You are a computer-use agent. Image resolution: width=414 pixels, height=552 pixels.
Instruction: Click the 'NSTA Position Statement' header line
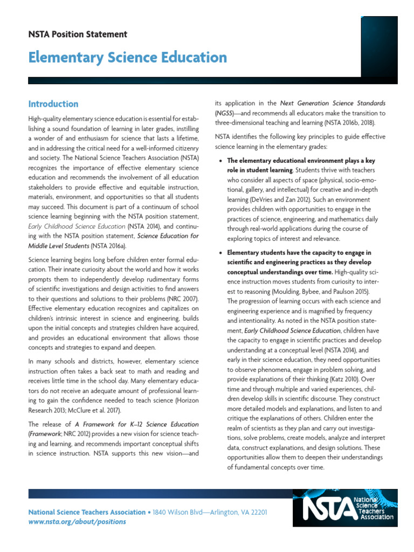tap(78, 34)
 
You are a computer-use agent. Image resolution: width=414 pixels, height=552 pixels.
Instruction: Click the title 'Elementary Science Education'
tap(127, 57)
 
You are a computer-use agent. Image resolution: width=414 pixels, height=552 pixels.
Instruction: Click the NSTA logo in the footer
tap(348, 508)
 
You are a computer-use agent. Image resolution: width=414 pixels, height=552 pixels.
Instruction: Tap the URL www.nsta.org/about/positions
tap(77, 522)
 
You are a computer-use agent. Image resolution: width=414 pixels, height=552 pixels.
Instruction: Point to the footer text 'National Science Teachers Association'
tap(86, 512)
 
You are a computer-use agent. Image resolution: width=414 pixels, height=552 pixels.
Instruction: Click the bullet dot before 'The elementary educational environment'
tap(220, 161)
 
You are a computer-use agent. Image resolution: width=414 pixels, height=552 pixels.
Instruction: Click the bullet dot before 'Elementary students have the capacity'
tap(220, 253)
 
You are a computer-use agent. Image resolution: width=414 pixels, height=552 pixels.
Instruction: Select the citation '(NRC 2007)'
tap(181, 298)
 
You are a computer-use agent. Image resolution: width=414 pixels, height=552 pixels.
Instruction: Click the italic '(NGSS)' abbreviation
tap(225, 113)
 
